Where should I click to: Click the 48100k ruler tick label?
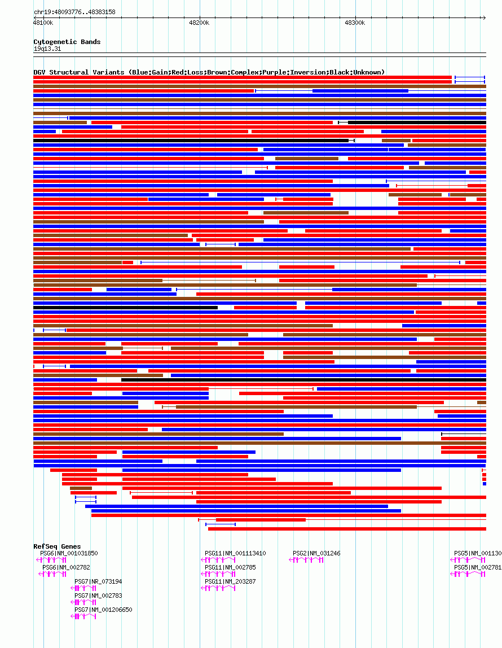pos(43,23)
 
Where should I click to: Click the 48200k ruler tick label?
pos(199,23)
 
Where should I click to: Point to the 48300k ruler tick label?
pos(355,23)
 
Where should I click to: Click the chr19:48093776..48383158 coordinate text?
pos(74,12)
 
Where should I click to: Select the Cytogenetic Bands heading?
pos(67,42)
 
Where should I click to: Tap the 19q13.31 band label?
pos(47,49)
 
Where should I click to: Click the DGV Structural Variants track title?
pos(209,72)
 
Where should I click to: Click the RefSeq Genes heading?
pos(57,546)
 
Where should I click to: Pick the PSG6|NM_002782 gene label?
pos(66,568)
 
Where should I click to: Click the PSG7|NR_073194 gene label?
pos(98,581)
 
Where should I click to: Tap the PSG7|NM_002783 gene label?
pos(98,596)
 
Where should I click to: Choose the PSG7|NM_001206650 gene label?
pos(103,610)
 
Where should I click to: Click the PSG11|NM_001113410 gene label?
pos(235,554)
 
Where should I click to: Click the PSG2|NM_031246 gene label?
pos(316,554)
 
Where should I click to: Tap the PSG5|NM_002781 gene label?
pos(478,568)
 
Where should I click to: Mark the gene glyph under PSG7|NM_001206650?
pos(84,616)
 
